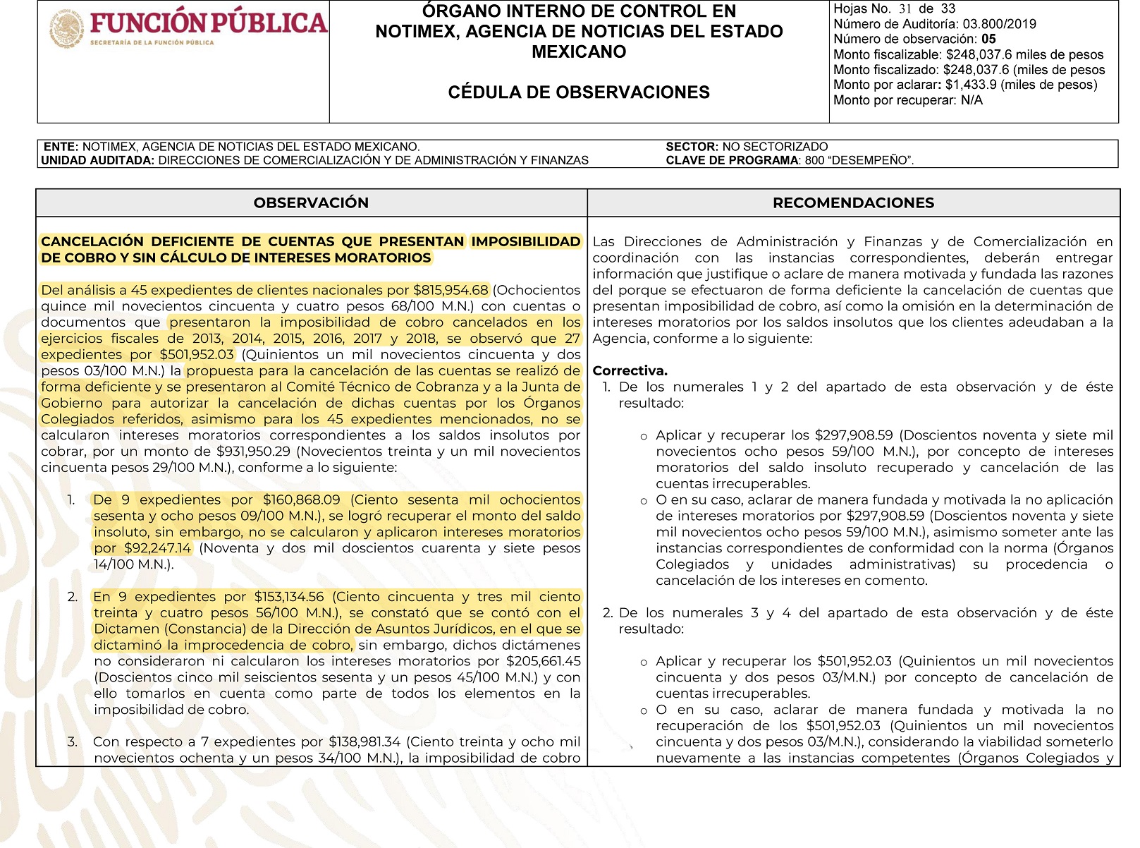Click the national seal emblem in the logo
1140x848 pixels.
click(67, 30)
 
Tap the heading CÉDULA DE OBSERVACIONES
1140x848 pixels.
click(579, 92)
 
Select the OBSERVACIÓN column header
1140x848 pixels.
click(311, 203)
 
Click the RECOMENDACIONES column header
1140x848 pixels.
click(853, 203)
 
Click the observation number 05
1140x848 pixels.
click(988, 40)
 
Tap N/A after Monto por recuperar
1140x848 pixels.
click(972, 100)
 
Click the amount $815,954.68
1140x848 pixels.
click(451, 290)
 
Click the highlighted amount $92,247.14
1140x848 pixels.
click(157, 548)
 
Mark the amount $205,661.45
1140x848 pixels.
click(544, 662)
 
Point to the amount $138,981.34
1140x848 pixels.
click(364, 742)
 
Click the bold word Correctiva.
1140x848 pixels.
click(630, 371)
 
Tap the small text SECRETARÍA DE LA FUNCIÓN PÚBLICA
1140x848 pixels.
click(152, 43)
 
